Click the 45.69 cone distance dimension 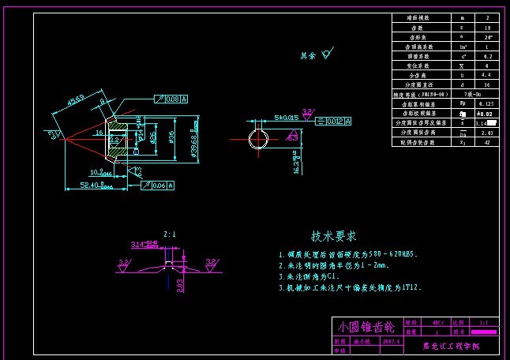(76, 100)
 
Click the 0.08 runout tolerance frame (173, 99)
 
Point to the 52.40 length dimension (95, 186)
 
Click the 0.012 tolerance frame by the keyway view (333, 121)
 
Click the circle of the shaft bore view (258, 139)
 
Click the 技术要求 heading (333, 236)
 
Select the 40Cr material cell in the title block (438, 323)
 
